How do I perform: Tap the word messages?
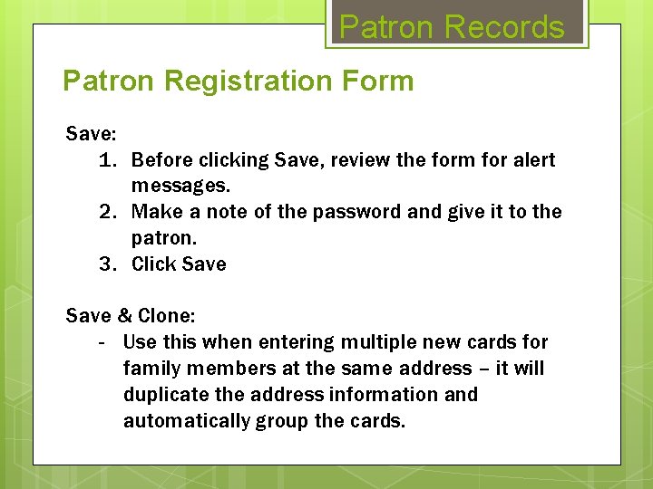tap(180, 187)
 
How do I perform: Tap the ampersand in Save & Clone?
tap(125, 316)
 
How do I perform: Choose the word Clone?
tap(167, 316)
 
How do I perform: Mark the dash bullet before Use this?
tap(102, 342)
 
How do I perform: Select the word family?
tap(151, 369)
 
